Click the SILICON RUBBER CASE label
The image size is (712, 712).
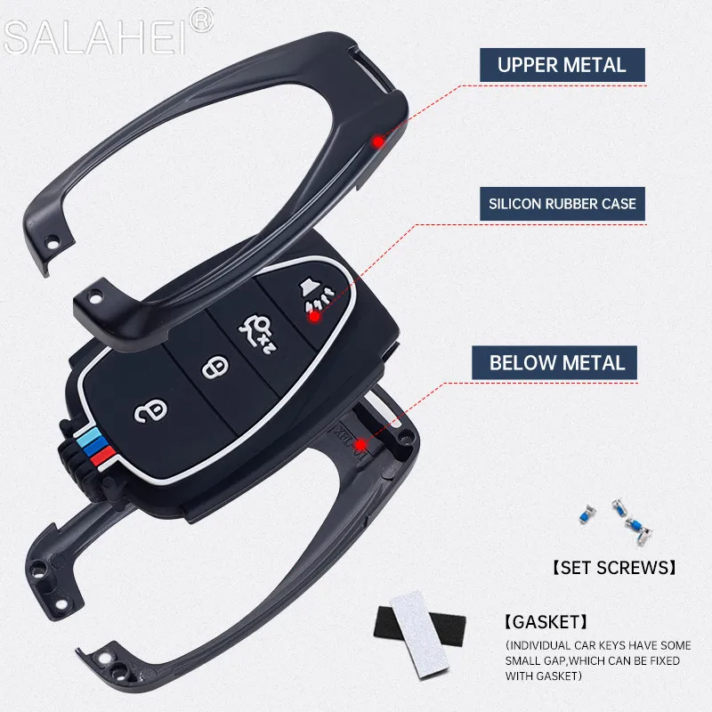[x=562, y=204]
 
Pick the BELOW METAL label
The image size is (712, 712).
[x=558, y=363]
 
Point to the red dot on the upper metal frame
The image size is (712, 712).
[x=378, y=141]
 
